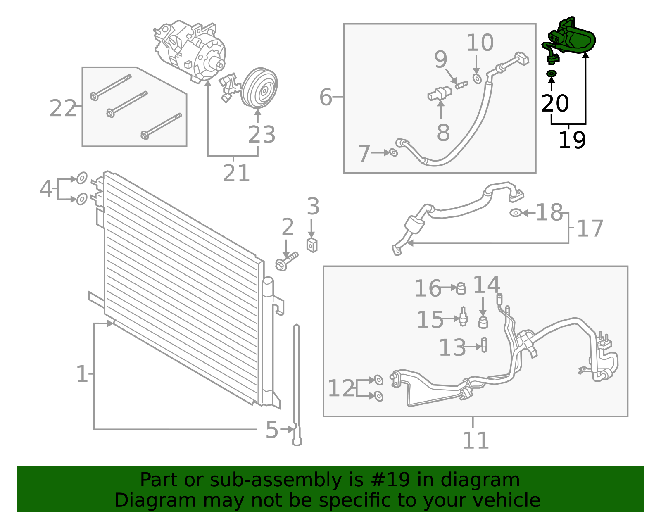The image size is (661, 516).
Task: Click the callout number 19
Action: (x=572, y=140)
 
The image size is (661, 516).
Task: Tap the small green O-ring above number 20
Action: (x=552, y=74)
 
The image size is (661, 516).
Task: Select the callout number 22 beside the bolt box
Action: (x=63, y=108)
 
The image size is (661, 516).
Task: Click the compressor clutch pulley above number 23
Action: (x=259, y=88)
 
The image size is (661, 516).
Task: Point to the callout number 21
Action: (x=236, y=174)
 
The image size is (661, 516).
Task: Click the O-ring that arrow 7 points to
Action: (x=393, y=152)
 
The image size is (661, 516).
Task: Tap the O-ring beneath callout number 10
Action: (x=477, y=79)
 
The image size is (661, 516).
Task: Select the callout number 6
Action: (x=326, y=97)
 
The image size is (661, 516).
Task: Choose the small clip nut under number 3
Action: (x=312, y=245)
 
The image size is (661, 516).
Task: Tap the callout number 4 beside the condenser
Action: (x=46, y=188)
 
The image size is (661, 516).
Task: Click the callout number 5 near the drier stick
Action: (x=272, y=430)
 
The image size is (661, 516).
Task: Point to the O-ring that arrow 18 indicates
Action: (x=516, y=213)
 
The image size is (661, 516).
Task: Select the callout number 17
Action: (x=590, y=228)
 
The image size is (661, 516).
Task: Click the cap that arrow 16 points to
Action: (x=461, y=288)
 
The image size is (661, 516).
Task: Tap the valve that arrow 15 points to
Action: (x=463, y=316)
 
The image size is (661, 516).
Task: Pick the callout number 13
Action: (x=452, y=347)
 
